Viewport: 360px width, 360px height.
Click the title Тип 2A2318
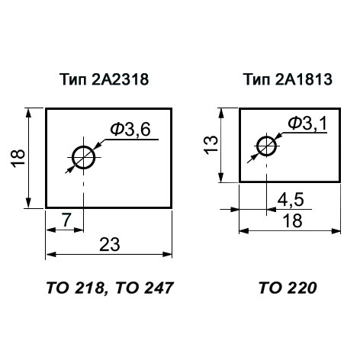(x=104, y=79)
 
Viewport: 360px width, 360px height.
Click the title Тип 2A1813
(x=288, y=79)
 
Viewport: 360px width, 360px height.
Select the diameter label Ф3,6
(x=130, y=129)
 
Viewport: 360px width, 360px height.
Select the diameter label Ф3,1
(x=307, y=123)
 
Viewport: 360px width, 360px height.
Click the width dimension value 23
(x=109, y=244)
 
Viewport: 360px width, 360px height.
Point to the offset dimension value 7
(x=66, y=220)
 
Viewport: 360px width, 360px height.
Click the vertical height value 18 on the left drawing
(x=18, y=158)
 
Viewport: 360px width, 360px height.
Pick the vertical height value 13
(x=211, y=144)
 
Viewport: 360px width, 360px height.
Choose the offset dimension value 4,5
(x=291, y=200)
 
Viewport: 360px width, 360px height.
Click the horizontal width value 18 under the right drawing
(x=293, y=220)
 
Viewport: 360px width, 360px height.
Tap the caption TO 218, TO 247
(x=110, y=288)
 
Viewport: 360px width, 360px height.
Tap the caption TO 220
(x=288, y=288)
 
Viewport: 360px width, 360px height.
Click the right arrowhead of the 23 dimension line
(x=167, y=254)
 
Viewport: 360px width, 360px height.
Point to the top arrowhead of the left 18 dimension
(x=28, y=113)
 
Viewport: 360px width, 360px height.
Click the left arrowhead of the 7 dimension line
(x=50, y=230)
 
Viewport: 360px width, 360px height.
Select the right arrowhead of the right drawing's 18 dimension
(x=336, y=231)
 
